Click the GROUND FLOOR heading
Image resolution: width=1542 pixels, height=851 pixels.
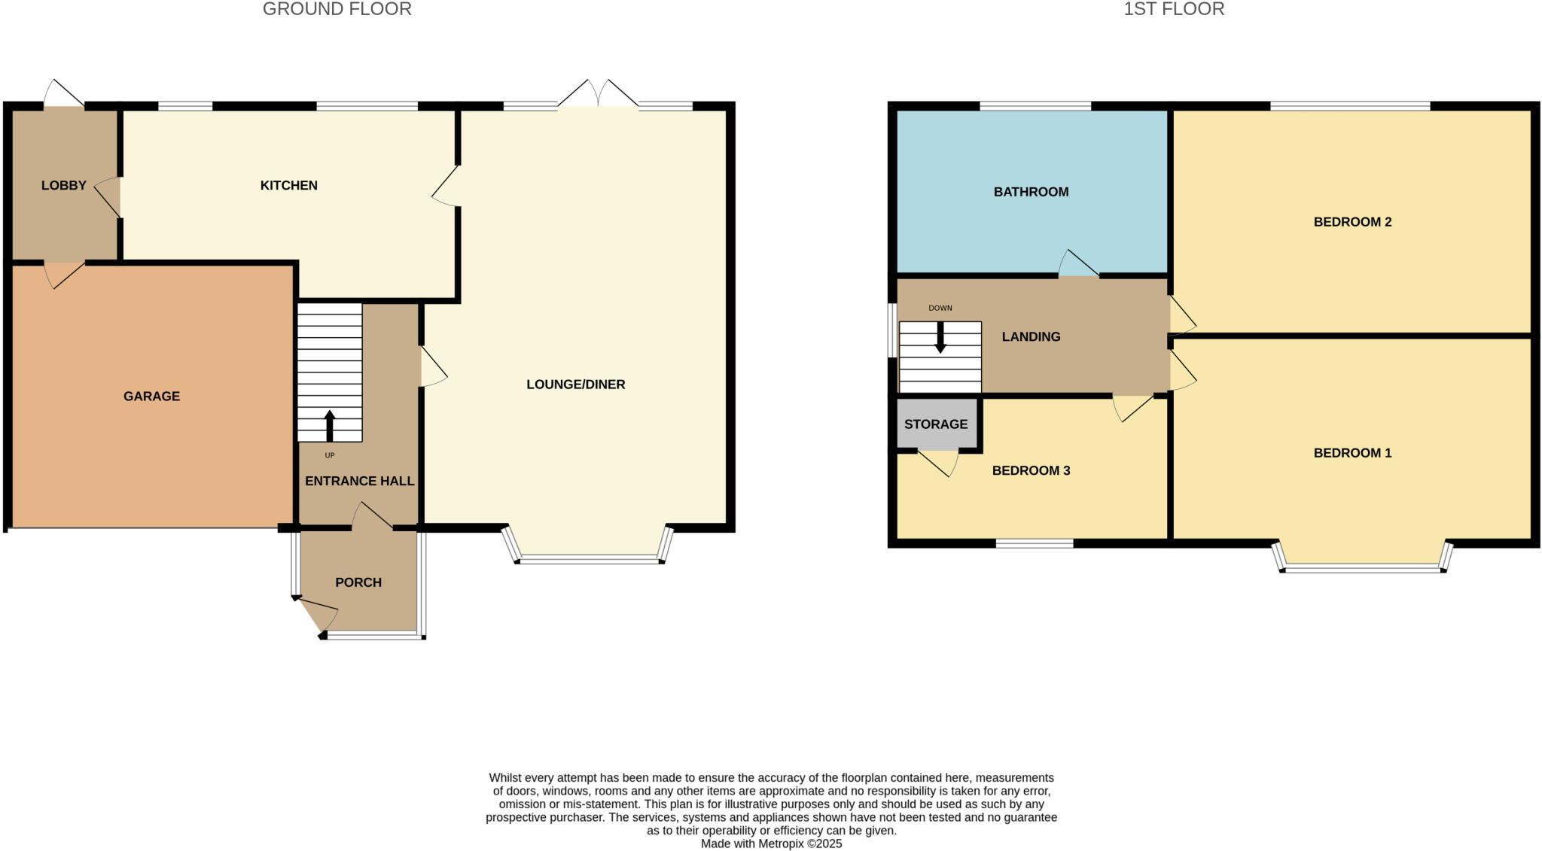[x=337, y=9]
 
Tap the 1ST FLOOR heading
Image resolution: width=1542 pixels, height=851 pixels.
[x=1174, y=9]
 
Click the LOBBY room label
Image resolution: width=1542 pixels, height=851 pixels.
[x=64, y=185]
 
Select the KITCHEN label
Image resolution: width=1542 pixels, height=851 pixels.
[x=288, y=185]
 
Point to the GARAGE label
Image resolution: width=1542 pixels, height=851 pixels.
[x=151, y=396]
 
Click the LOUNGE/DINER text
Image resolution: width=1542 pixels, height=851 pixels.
[x=575, y=384]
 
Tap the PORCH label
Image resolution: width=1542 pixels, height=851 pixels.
[x=358, y=582]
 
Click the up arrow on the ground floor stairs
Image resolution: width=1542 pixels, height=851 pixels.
[x=329, y=425]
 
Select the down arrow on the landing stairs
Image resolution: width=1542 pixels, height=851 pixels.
[x=940, y=338]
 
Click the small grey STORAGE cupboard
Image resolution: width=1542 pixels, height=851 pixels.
[x=936, y=424]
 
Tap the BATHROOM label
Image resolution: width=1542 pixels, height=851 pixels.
[x=1031, y=192]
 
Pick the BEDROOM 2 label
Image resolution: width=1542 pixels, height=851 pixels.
[x=1352, y=222]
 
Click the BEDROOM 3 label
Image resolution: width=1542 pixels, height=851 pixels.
[x=1031, y=470]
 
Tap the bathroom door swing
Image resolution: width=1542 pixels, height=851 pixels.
[x=1077, y=264]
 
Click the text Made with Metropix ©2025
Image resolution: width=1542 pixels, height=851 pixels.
[x=771, y=843]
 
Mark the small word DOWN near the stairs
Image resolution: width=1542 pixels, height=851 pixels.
[x=940, y=308]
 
